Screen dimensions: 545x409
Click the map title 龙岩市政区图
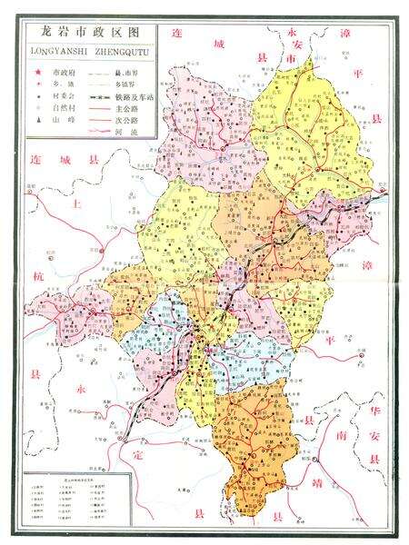[89, 32]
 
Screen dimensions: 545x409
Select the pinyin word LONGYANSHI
[56, 50]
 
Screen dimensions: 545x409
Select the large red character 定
[138, 451]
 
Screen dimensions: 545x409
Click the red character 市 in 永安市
[292, 56]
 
